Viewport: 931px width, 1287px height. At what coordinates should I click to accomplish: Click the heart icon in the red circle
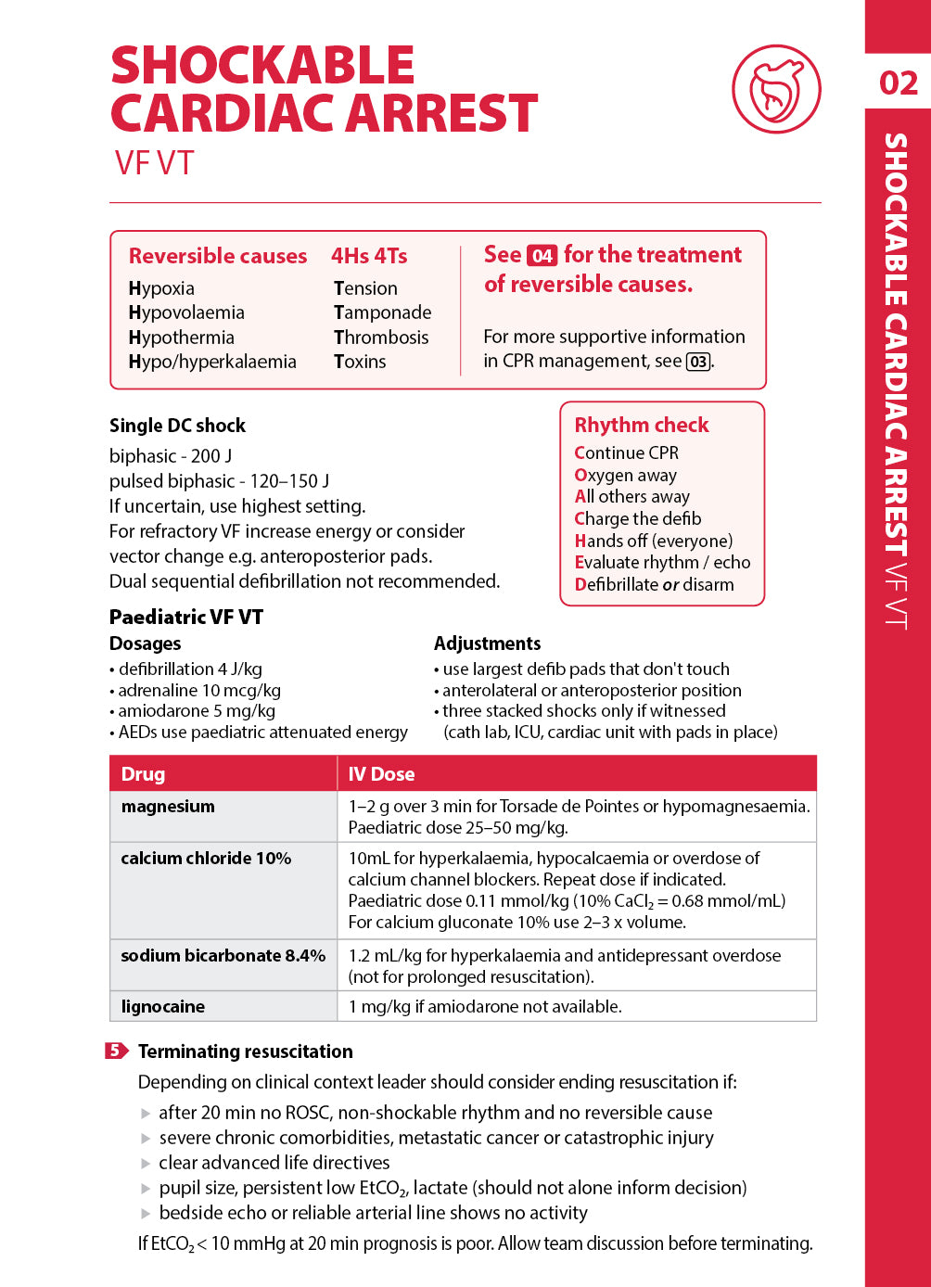pos(776,90)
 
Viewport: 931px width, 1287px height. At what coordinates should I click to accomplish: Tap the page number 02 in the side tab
pos(898,83)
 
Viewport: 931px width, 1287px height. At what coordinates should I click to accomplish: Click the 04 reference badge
pos(542,256)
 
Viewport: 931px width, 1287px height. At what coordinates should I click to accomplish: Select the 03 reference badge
pos(698,362)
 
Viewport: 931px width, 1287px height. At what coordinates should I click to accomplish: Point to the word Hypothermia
pos(182,338)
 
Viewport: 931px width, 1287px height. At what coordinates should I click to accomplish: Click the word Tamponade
pos(382,312)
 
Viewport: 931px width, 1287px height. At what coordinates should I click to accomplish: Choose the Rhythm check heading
pos(642,425)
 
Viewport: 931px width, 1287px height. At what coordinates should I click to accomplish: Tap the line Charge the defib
pos(638,518)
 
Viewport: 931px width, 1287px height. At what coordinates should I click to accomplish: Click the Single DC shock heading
pos(177,426)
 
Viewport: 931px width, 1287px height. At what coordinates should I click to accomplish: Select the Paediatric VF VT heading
pos(186,618)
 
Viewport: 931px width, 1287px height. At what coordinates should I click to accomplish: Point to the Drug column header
pos(143,774)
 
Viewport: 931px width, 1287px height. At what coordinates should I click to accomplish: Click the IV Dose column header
pos(381,774)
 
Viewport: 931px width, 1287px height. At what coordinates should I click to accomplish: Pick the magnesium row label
pos(168,807)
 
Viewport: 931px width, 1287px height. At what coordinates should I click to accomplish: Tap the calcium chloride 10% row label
pos(206,859)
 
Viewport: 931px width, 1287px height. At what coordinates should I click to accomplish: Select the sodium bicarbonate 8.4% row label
pos(223,956)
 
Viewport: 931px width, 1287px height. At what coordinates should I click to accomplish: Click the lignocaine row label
pos(163,1007)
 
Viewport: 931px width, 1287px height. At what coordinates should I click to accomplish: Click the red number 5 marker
pos(116,1051)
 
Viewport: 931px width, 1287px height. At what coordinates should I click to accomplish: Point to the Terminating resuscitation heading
pos(246,1051)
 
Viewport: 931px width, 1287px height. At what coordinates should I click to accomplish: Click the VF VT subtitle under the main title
pos(154,163)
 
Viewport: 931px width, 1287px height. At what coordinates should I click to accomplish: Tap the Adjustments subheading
pos(487,643)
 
